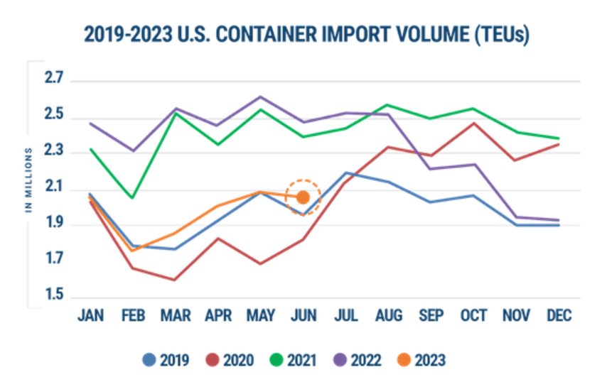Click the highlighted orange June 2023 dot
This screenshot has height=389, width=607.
303,197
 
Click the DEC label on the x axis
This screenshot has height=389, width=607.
559,316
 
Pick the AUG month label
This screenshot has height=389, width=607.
389,316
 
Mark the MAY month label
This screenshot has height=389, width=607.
261,316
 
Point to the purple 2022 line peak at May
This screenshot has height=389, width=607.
261,97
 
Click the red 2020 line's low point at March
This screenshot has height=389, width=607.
175,280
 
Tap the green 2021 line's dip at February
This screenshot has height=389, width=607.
133,197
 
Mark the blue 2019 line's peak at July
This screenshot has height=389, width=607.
346,172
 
